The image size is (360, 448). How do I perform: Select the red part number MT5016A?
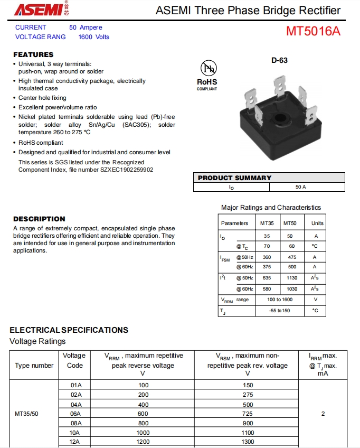tap(313, 32)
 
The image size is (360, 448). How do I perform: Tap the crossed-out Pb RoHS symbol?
tap(207, 69)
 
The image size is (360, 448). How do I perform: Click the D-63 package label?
tap(280, 60)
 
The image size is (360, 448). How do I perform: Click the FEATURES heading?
tap(33, 54)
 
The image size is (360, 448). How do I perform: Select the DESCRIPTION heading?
tap(39, 219)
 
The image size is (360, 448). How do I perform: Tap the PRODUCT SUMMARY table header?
tap(234, 178)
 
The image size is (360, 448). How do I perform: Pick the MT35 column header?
tap(267, 223)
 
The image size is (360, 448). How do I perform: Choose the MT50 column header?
tap(290, 223)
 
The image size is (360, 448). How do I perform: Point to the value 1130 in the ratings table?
tap(292, 278)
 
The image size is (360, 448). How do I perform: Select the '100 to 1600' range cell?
tap(279, 300)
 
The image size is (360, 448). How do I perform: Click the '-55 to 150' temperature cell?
tap(279, 311)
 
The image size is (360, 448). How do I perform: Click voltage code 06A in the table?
tap(76, 414)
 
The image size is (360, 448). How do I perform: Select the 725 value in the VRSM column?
tap(248, 414)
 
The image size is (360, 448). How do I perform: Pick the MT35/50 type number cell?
tap(26, 414)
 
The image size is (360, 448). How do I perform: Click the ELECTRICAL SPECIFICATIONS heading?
tap(69, 330)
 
